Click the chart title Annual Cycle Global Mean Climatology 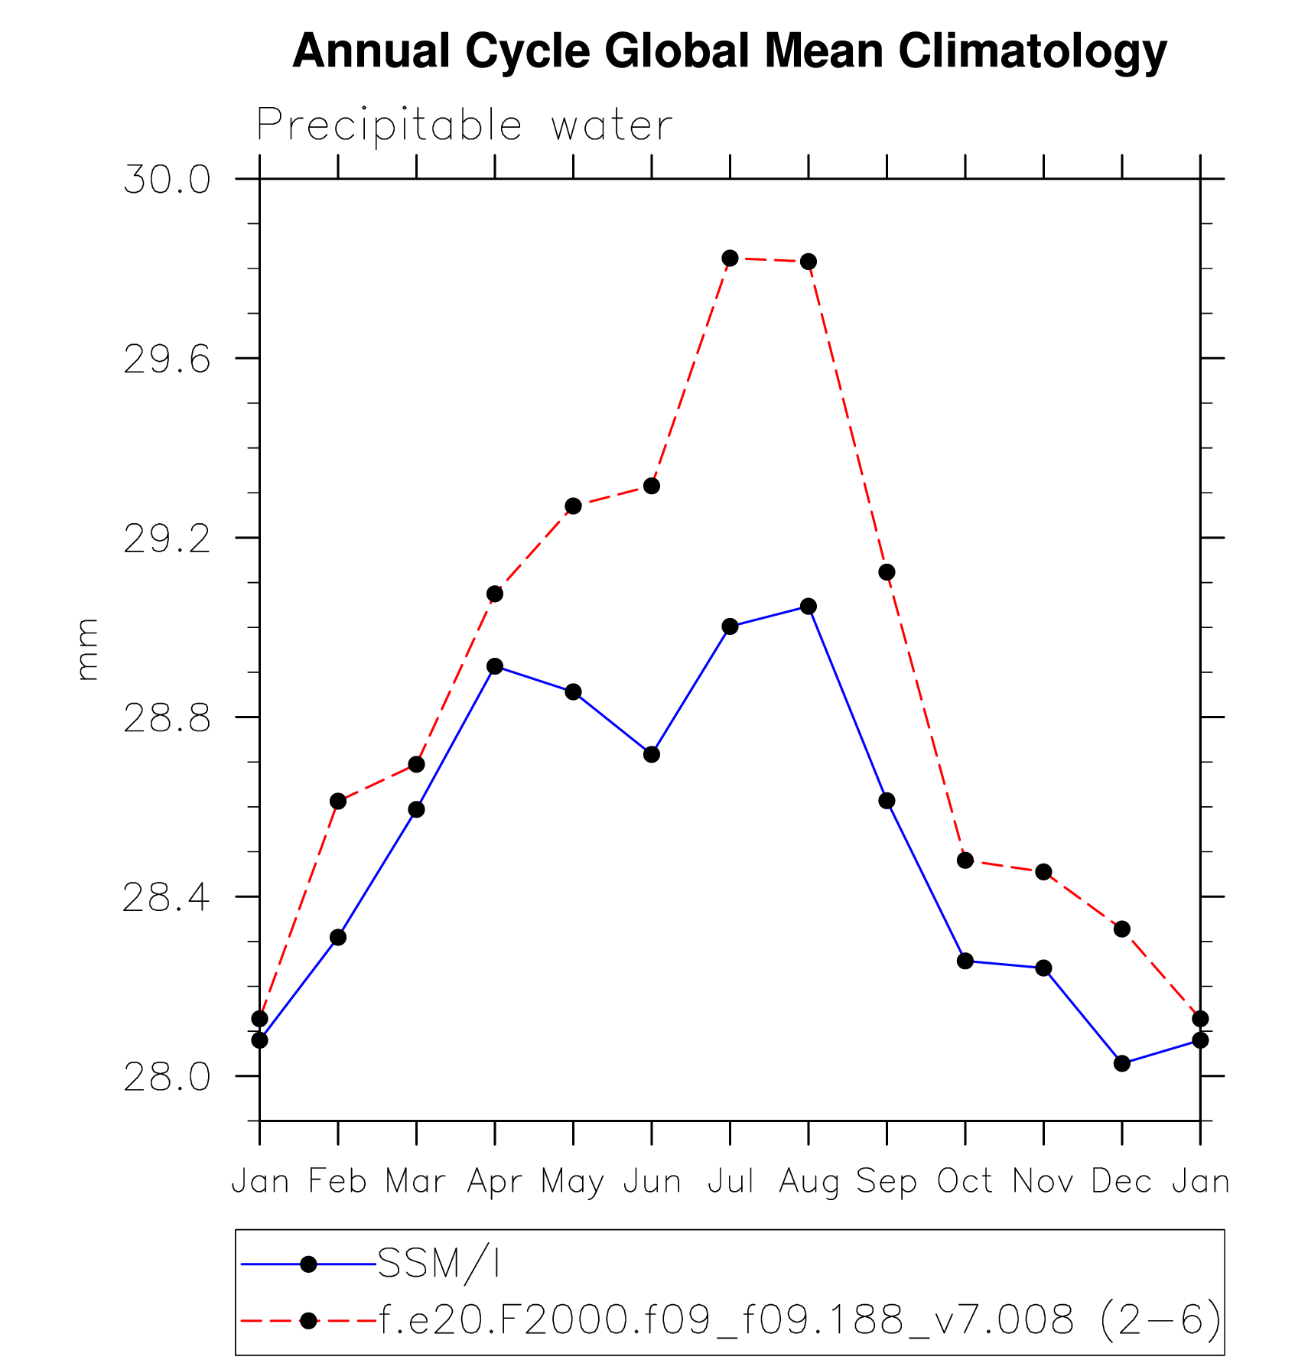[729, 51]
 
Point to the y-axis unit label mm [88, 649]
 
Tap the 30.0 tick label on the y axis [167, 181]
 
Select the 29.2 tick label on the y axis [167, 539]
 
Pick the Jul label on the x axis [730, 1182]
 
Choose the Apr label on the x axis [495, 1182]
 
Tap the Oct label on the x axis [965, 1182]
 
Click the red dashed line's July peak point [730, 259]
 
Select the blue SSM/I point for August [809, 607]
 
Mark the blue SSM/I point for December [1122, 1063]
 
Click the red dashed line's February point [338, 801]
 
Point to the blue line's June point [652, 754]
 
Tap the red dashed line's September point [887, 572]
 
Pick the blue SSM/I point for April [495, 666]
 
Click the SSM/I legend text [439, 1264]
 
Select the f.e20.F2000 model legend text [800, 1320]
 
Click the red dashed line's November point [1044, 872]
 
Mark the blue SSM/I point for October [965, 961]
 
